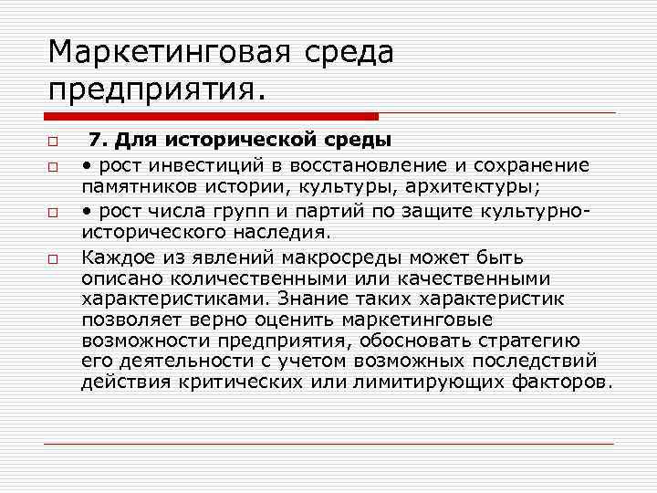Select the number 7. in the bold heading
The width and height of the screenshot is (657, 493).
tap(99, 141)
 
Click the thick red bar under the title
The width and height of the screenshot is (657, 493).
tap(211, 117)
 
